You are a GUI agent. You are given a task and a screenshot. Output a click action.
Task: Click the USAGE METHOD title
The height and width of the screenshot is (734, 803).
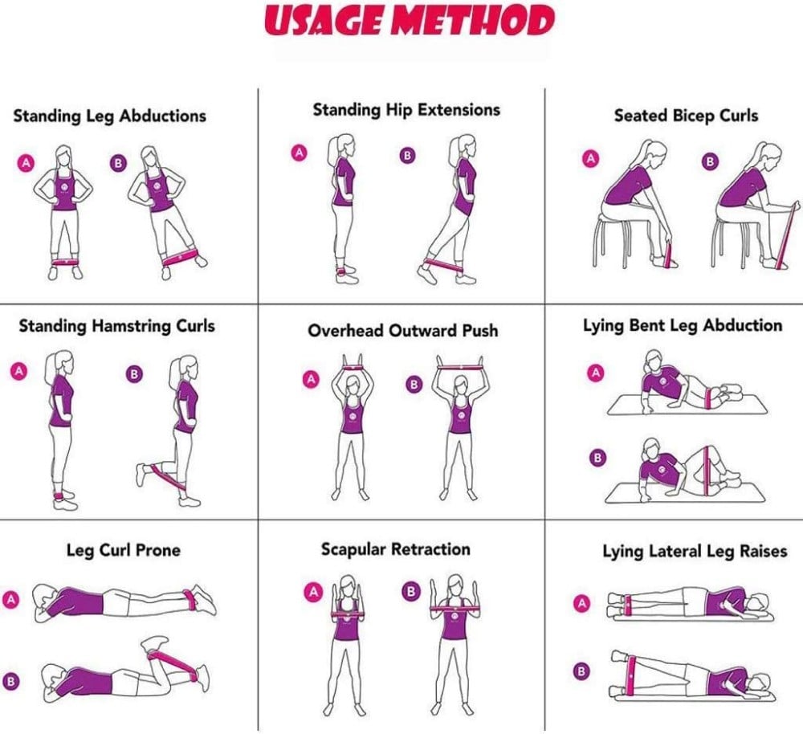pyautogui.click(x=410, y=21)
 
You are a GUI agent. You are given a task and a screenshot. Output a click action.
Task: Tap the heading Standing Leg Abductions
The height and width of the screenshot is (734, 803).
pyautogui.click(x=109, y=116)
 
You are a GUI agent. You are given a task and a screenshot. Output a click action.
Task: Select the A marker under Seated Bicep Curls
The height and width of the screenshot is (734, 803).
pyautogui.click(x=591, y=159)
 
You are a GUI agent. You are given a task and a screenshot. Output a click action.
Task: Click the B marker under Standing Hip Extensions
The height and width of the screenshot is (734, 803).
pyautogui.click(x=407, y=155)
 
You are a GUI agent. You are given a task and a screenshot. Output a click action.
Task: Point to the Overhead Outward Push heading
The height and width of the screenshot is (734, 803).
pyautogui.click(x=403, y=330)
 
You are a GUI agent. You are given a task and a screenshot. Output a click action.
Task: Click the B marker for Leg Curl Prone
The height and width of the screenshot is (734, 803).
pyautogui.click(x=10, y=681)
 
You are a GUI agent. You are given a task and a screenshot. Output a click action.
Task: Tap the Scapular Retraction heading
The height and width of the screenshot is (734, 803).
pyautogui.click(x=396, y=549)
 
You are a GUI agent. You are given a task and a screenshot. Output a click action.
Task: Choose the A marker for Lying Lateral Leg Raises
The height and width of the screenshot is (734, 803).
pyautogui.click(x=581, y=603)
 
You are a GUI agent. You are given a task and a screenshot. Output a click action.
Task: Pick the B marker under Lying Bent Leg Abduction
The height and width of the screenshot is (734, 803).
pyautogui.click(x=597, y=458)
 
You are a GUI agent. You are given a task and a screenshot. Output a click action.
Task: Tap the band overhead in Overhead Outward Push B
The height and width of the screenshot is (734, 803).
pyautogui.click(x=459, y=367)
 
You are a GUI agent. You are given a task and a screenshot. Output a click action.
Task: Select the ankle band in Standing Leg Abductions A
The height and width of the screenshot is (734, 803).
pyautogui.click(x=65, y=262)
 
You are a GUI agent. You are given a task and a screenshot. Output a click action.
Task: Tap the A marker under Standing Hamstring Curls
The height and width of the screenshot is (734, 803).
pyautogui.click(x=18, y=371)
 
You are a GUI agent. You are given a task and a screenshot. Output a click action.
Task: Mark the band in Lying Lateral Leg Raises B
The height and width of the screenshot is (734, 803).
pyautogui.click(x=632, y=677)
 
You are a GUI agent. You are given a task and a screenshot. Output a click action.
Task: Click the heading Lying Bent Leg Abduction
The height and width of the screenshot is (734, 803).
pyautogui.click(x=683, y=326)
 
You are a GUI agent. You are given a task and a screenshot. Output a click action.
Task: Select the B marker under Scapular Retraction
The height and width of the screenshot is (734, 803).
pyautogui.click(x=410, y=592)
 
